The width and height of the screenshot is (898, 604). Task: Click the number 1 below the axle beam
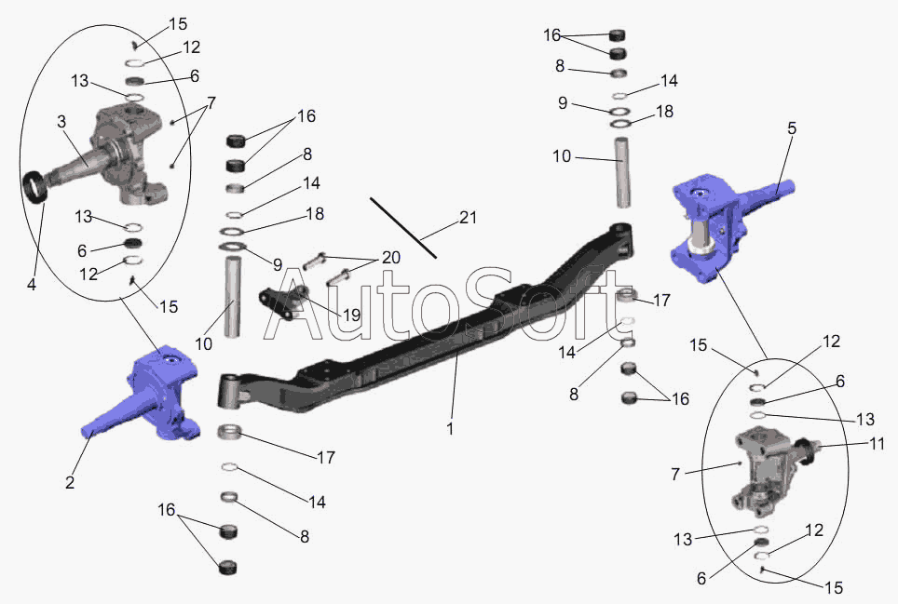450,428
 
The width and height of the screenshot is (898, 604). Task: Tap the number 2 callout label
70,483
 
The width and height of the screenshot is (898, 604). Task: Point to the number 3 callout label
61,121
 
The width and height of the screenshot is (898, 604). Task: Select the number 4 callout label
32,284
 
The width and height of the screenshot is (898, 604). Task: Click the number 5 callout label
792,128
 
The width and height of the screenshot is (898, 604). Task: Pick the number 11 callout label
878,443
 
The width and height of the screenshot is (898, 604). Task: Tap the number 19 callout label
351,315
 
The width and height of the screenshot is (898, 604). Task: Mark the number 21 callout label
468,218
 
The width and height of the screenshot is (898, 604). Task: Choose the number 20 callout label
391,258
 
